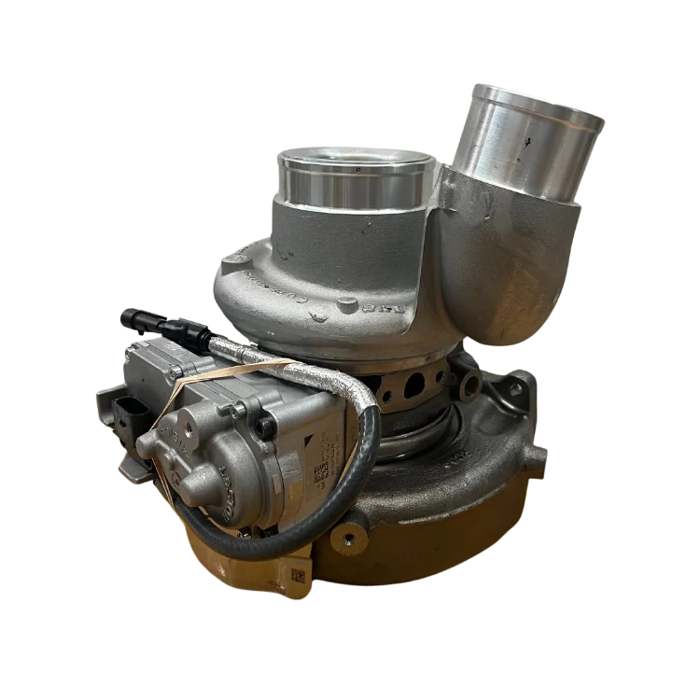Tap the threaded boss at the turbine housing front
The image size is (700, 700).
click(347, 537)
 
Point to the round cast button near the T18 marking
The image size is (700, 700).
click(347, 302)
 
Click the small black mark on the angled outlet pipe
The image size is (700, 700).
click(529, 142)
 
